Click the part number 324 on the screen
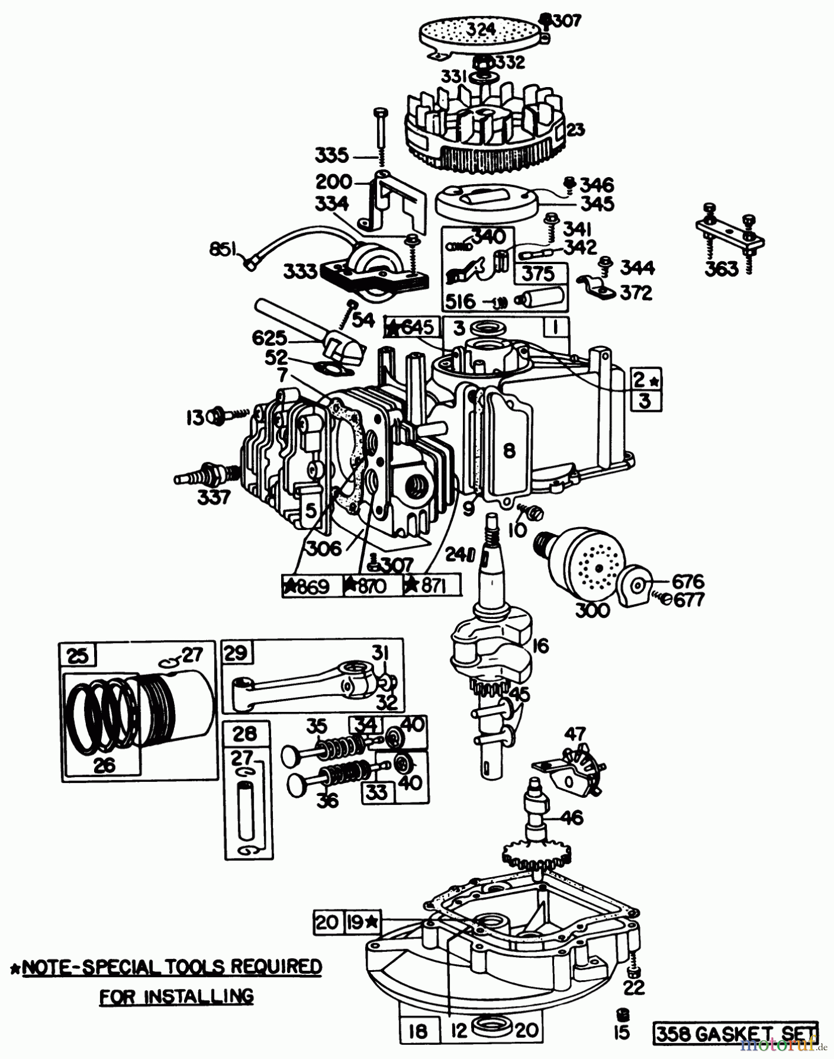point(482,28)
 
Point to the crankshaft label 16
point(539,645)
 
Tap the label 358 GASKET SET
point(735,1033)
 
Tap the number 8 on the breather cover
point(509,451)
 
